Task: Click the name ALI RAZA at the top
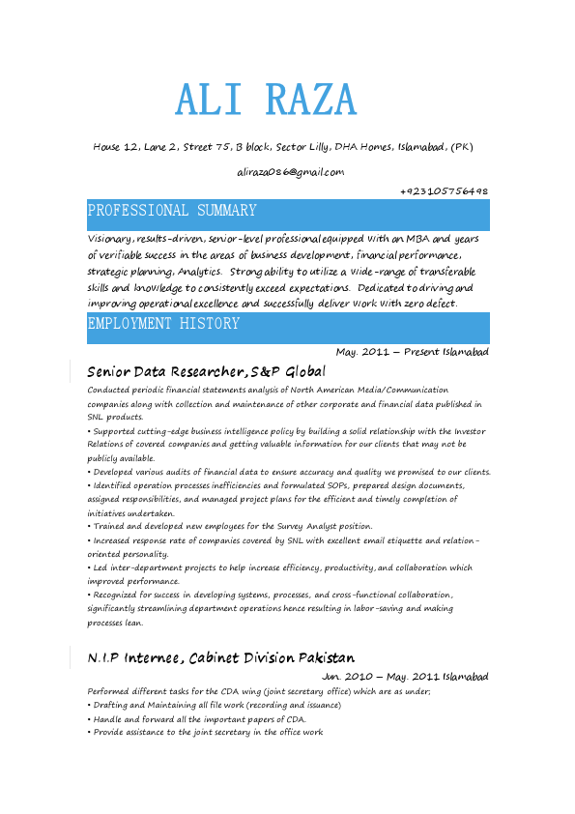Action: (266, 101)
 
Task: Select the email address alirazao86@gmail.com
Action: (290, 172)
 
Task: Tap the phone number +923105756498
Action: (444, 191)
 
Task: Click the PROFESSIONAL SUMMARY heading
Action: (172, 211)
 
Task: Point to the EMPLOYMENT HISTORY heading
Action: (163, 324)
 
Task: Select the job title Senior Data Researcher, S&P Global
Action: (206, 371)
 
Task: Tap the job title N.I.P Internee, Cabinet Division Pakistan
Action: (220, 657)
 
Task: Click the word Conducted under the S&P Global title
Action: (108, 390)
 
